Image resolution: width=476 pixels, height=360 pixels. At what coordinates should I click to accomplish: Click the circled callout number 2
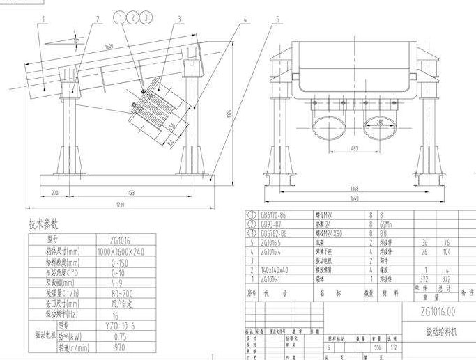134,17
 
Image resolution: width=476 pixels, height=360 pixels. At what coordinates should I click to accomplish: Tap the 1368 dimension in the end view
355,188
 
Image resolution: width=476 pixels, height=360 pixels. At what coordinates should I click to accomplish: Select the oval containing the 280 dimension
379,129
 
